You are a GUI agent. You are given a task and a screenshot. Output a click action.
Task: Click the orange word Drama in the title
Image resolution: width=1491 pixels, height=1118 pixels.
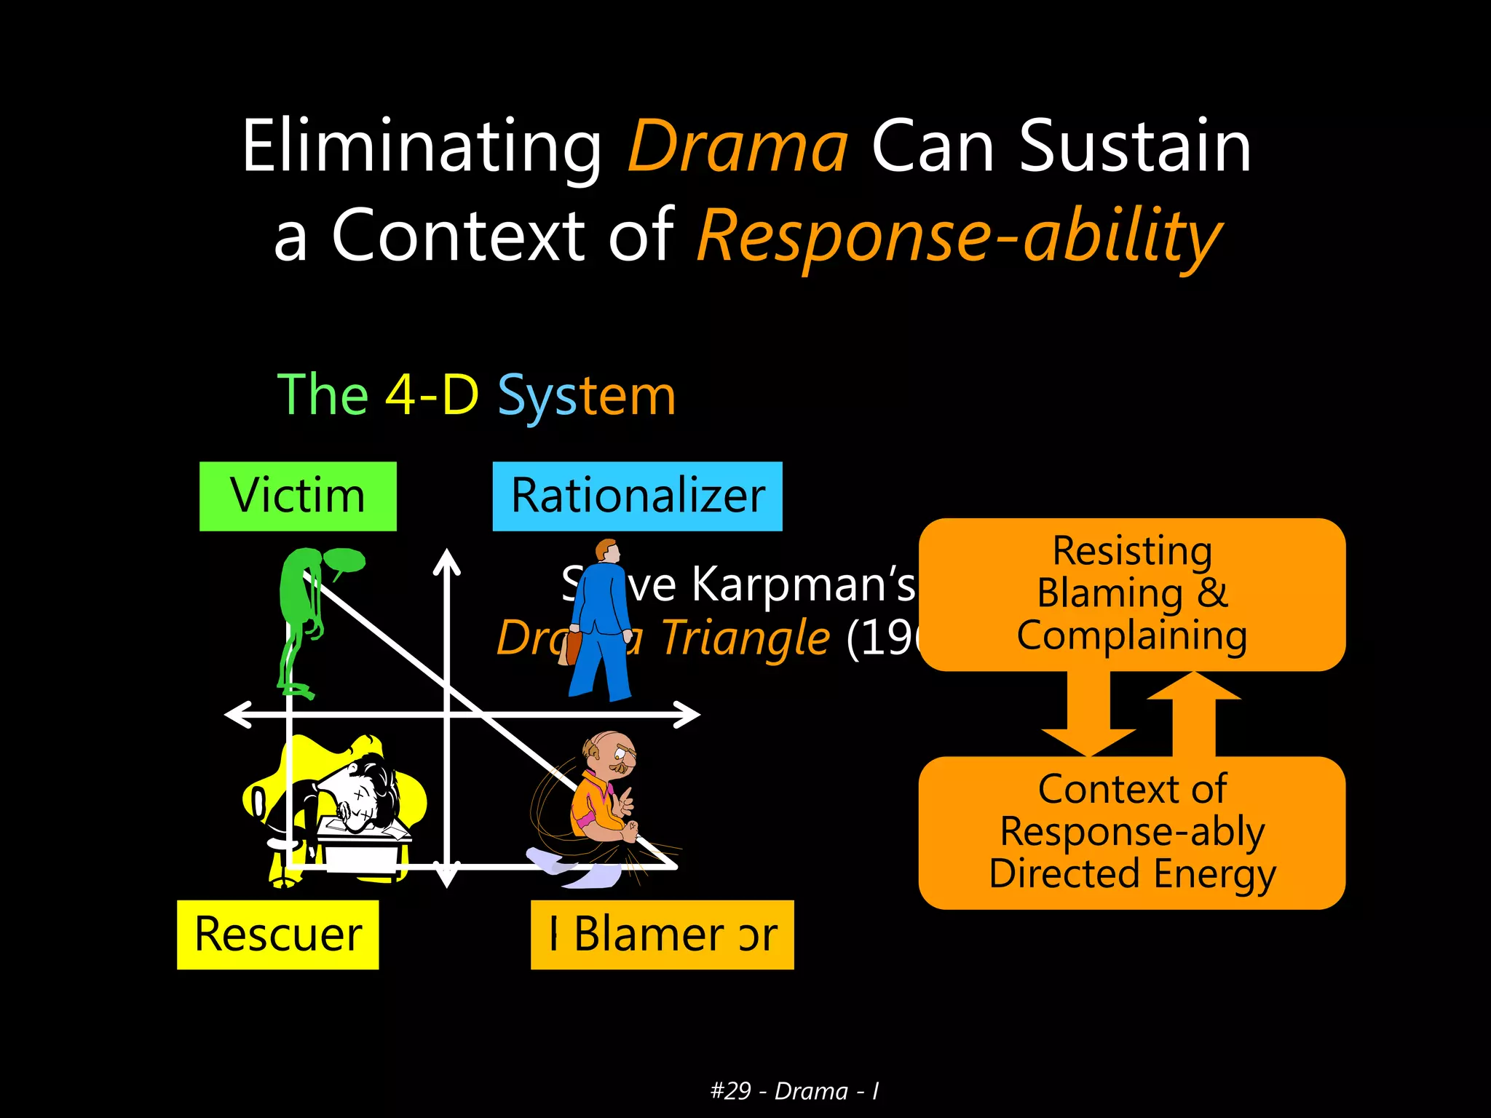coord(737,147)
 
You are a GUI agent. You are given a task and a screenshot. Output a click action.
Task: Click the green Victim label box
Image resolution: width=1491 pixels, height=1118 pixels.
coord(298,496)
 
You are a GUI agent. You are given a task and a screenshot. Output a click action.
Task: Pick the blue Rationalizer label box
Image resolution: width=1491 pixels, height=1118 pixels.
coord(637,496)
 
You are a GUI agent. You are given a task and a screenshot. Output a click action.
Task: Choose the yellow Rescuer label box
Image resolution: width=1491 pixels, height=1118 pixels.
coord(277,935)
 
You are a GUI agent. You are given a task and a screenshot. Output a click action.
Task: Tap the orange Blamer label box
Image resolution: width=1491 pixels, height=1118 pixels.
coord(662,935)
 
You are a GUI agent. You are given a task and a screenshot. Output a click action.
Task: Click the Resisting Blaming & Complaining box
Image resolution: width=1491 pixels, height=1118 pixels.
coord(1131,594)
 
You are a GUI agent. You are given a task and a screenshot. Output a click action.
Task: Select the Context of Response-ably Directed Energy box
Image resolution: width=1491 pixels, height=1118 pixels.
coord(1131,832)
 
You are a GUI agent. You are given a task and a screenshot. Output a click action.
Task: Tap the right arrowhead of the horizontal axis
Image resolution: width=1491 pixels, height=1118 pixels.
coord(689,715)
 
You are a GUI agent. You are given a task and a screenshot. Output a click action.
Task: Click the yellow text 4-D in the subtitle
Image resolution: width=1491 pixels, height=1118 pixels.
coord(431,395)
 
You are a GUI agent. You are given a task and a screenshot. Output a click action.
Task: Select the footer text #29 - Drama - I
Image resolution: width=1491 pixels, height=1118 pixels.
coord(794,1091)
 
